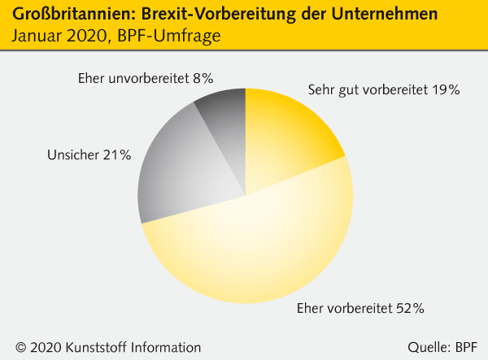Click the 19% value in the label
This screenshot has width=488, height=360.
(x=446, y=90)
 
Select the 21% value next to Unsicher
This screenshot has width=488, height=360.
(x=116, y=154)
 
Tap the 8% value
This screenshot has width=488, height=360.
(x=203, y=79)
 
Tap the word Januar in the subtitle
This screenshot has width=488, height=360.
(x=37, y=36)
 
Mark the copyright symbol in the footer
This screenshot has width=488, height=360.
(x=20, y=347)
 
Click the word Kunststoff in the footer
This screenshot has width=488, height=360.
(x=101, y=347)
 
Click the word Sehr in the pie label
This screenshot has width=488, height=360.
(x=321, y=90)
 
